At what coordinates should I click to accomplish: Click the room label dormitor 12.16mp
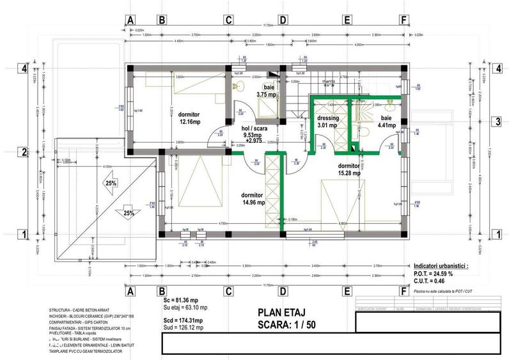tap(189, 118)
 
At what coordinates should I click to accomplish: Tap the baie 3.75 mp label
tap(265, 91)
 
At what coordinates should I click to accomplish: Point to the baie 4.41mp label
tap(386, 121)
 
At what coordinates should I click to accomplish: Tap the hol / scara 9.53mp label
tap(254, 132)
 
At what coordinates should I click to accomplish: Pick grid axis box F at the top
tap(403, 20)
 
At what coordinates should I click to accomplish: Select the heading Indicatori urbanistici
tap(440, 264)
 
